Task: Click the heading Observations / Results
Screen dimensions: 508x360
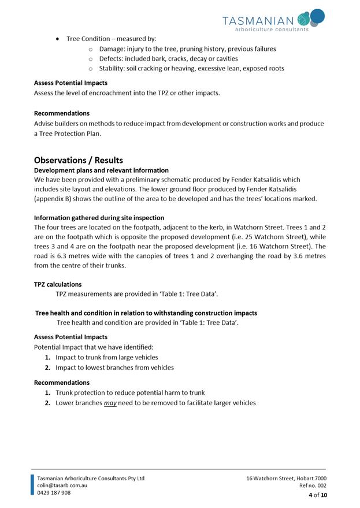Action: [79, 160]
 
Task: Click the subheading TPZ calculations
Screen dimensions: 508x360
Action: [58, 284]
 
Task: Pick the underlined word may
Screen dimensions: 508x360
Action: [110, 403]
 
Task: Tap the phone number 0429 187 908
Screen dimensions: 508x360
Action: [54, 493]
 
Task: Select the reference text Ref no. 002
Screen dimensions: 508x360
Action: [313, 486]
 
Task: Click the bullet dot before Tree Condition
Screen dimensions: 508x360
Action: [58, 39]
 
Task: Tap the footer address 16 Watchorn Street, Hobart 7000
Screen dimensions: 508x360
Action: [286, 478]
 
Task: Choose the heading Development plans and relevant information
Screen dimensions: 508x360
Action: [101, 170]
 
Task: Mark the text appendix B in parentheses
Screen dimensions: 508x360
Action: [54, 199]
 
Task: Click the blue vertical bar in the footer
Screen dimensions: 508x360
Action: [32, 485]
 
